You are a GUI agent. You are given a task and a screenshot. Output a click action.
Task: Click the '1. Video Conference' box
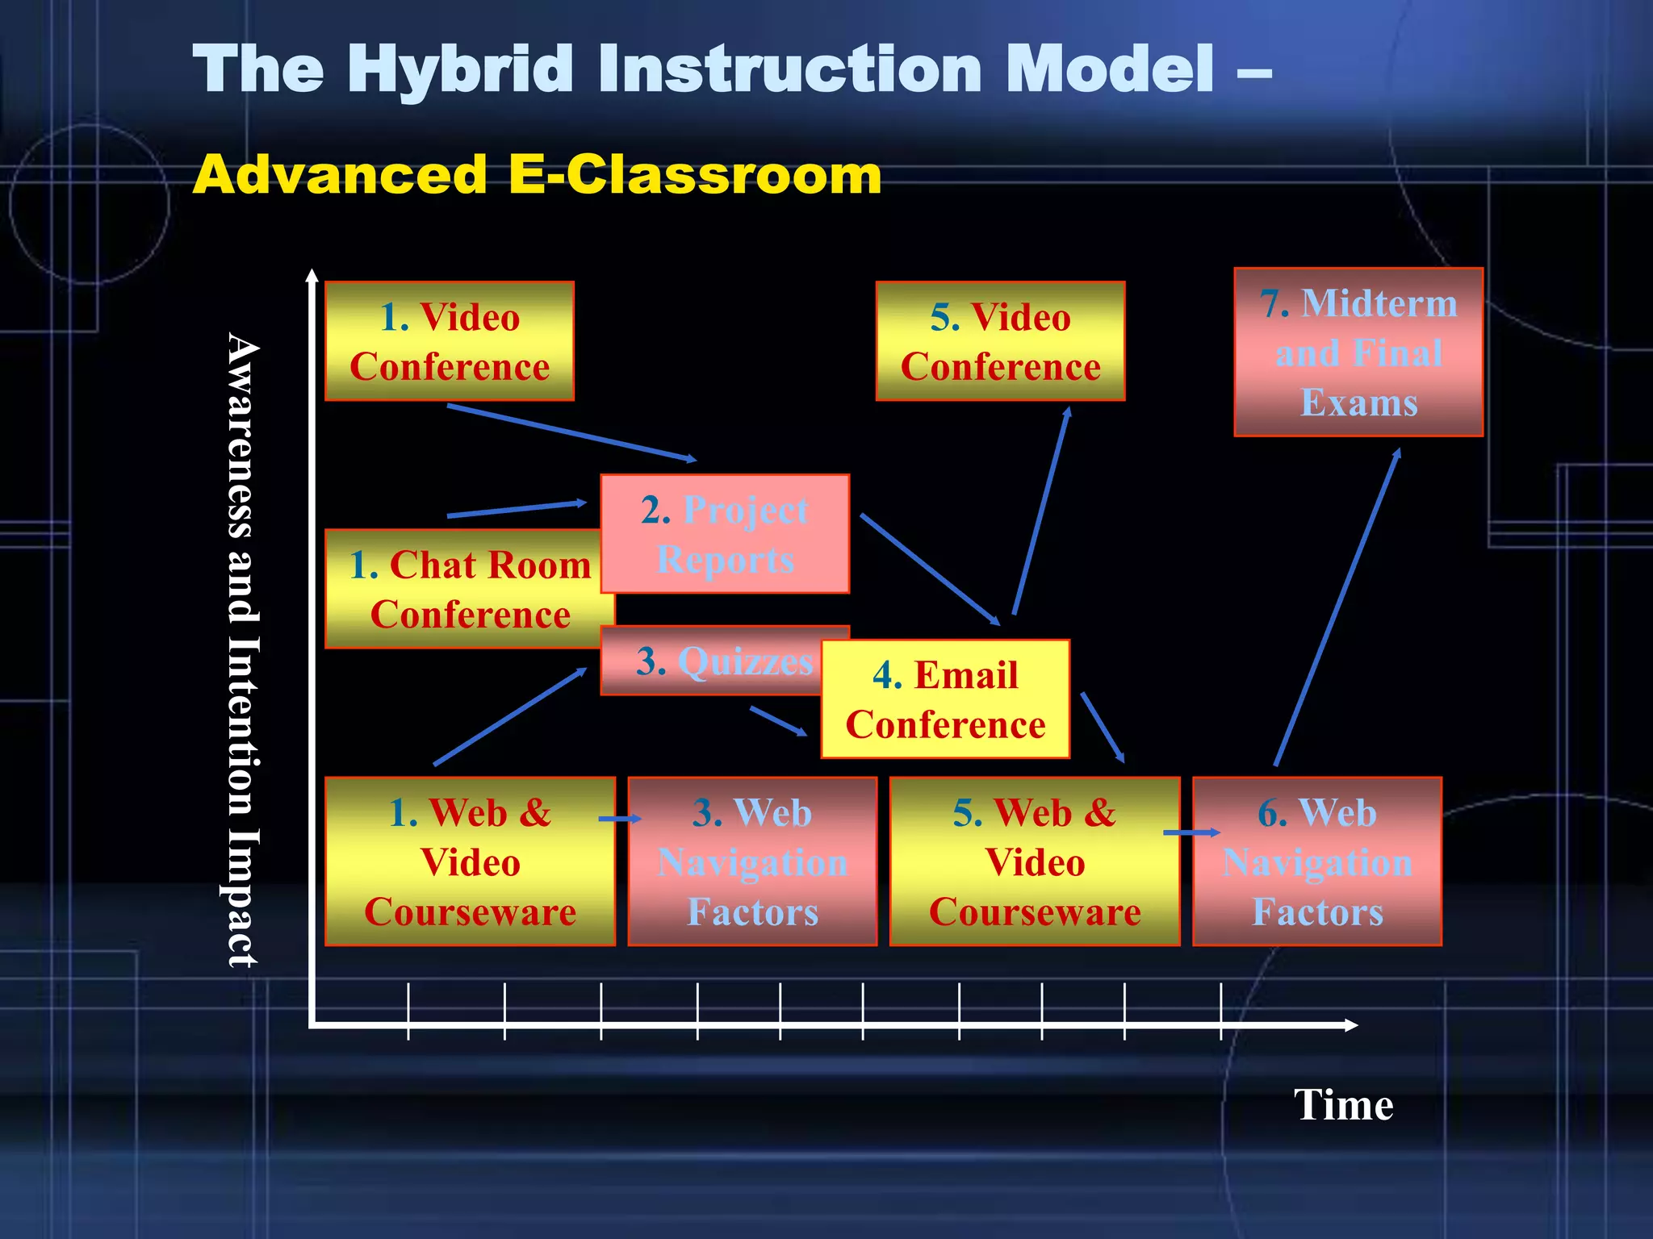[450, 341]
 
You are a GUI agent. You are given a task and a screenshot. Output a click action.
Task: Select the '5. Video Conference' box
[1000, 341]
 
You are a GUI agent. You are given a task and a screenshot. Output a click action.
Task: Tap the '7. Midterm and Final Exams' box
[1358, 353]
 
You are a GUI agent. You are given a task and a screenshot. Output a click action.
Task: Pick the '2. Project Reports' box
[725, 534]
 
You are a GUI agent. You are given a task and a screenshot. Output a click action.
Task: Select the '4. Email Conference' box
[945, 699]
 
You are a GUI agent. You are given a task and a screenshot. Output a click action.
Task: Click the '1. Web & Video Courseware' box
[470, 861]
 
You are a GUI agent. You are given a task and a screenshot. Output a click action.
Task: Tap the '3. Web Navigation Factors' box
[752, 861]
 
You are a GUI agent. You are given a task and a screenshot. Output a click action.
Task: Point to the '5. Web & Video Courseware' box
[1034, 861]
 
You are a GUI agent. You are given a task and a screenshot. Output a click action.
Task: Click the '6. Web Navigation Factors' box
[1317, 861]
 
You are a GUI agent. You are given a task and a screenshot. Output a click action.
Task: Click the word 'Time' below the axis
[1343, 1104]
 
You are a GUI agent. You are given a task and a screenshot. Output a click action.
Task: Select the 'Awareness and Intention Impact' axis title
[241, 649]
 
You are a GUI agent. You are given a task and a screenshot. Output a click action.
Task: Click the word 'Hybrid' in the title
[462, 70]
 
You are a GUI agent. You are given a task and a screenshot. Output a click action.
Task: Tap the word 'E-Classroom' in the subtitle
[695, 175]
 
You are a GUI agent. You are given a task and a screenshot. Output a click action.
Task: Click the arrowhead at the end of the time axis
[1351, 1024]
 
